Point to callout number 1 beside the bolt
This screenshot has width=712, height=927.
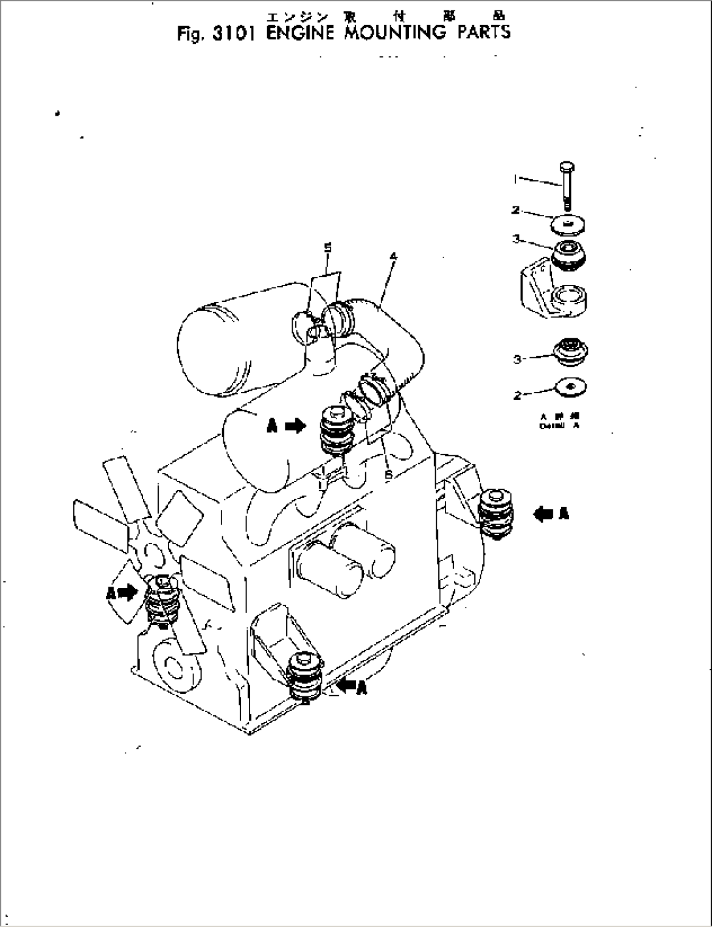coord(517,177)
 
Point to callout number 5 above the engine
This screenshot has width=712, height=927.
coord(328,248)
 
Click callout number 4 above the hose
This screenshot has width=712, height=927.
coord(393,257)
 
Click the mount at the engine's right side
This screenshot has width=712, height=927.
coord(498,514)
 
